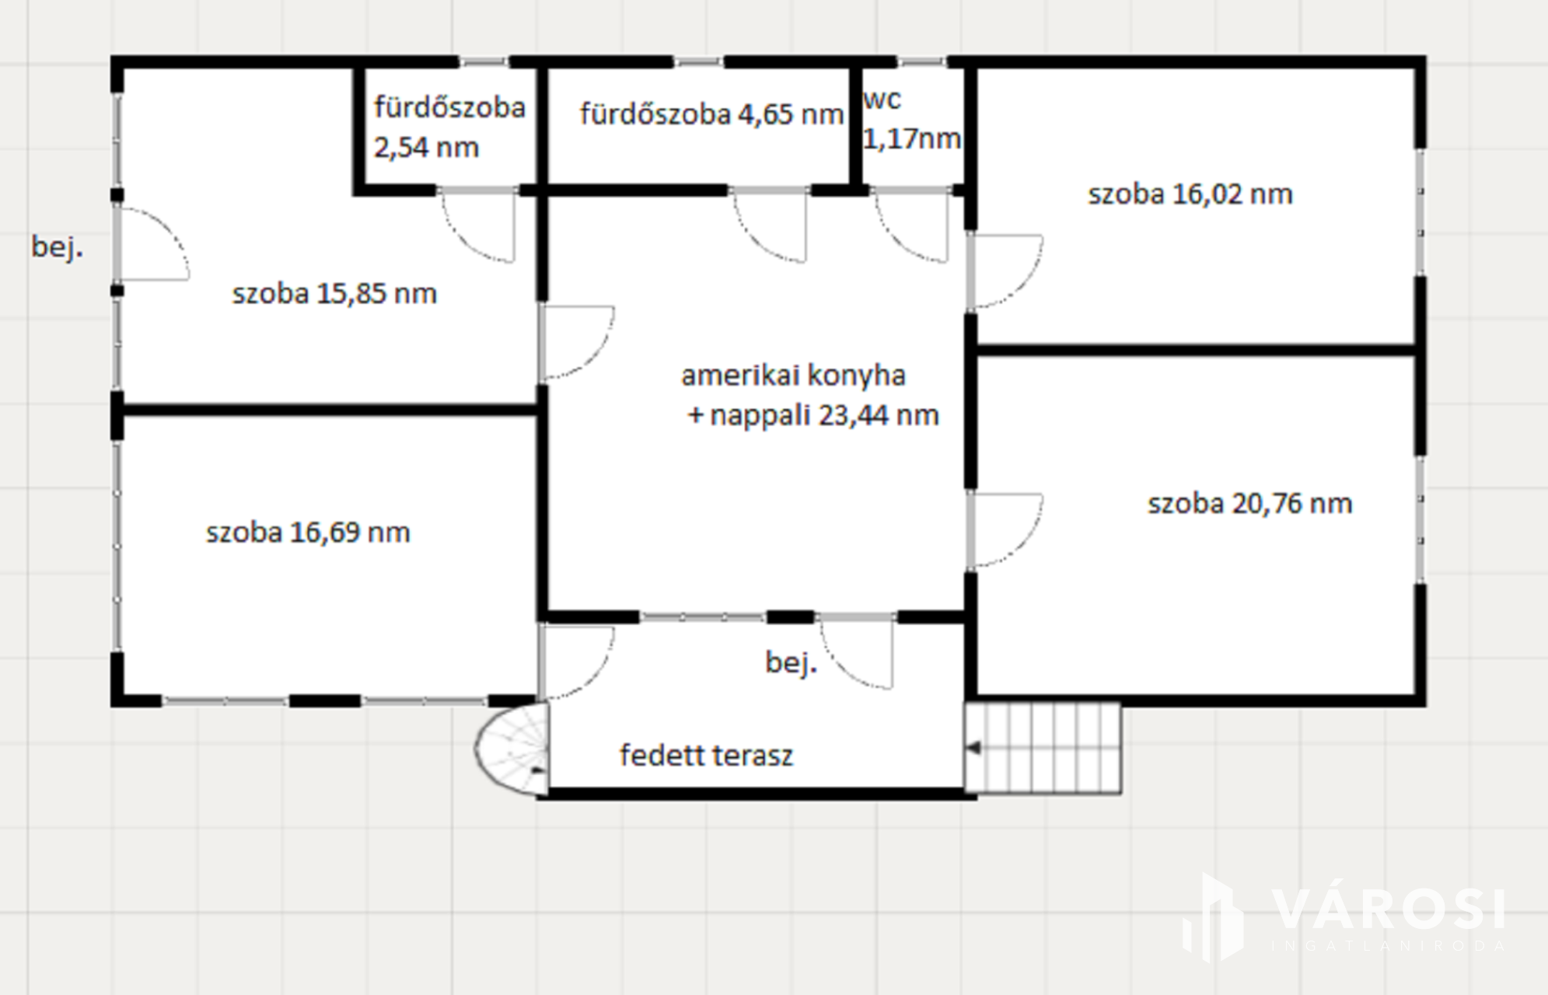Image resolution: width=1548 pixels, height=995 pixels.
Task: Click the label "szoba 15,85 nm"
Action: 334,294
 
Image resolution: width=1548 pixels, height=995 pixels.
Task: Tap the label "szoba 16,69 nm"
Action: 308,532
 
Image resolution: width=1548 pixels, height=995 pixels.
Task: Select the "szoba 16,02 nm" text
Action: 1190,194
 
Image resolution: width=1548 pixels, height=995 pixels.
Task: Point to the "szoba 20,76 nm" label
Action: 1250,504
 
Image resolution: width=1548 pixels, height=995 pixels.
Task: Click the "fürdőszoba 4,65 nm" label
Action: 711,114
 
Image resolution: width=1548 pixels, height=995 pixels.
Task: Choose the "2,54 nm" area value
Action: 426,148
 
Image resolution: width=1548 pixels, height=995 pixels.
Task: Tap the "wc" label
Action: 882,100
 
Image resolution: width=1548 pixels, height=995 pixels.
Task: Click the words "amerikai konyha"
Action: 794,375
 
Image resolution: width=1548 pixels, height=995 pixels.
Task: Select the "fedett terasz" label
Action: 706,755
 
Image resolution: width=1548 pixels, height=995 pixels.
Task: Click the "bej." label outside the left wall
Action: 57,247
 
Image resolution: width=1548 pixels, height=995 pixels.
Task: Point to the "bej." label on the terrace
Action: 791,662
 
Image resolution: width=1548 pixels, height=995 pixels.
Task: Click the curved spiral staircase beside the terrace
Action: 512,749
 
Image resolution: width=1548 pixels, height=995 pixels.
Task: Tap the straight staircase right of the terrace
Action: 1043,748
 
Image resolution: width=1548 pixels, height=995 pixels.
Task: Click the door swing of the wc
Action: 912,225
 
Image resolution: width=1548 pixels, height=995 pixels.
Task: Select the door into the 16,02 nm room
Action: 1006,271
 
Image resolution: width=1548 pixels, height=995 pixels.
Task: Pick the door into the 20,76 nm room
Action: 1006,529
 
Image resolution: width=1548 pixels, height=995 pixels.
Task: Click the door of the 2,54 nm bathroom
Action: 478,225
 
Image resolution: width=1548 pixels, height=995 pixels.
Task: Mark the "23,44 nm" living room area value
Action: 879,415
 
